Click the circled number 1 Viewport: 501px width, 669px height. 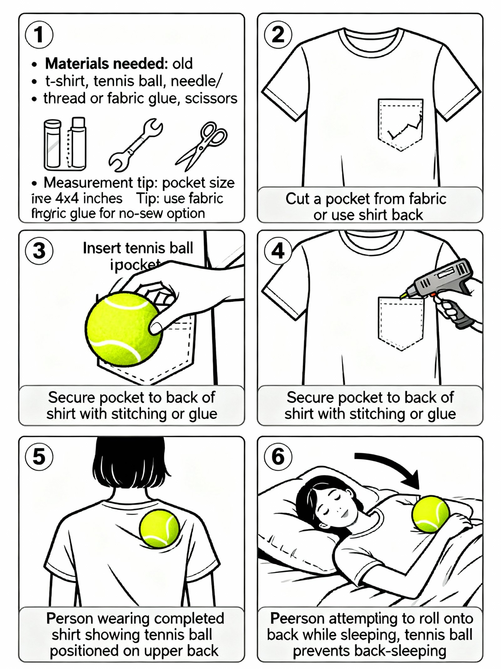pyautogui.click(x=39, y=35)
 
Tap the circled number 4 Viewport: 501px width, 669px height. pyautogui.click(x=278, y=251)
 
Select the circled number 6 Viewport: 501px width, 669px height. pyautogui.click(x=278, y=456)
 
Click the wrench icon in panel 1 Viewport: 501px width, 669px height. pyautogui.click(x=135, y=145)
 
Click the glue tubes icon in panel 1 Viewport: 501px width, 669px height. pyautogui.click(x=65, y=144)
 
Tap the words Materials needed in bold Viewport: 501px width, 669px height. pyautogui.click(x=105, y=64)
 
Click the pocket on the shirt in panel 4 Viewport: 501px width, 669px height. pyautogui.click(x=400, y=323)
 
